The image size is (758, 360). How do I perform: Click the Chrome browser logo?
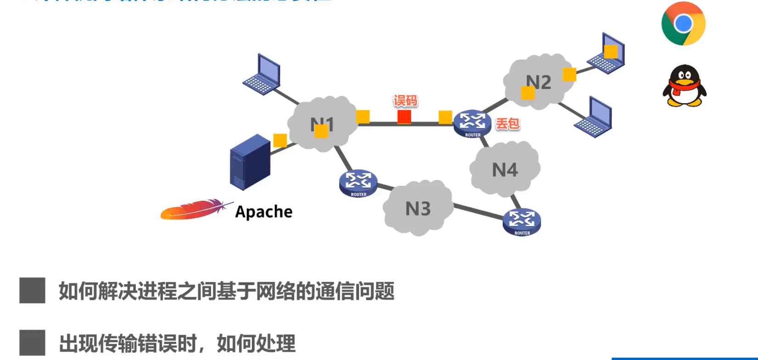click(683, 23)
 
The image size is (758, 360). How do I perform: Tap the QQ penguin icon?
click(684, 86)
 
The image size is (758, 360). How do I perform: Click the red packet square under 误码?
click(404, 117)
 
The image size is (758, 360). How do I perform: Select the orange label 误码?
click(405, 101)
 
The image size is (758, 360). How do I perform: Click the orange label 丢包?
click(507, 123)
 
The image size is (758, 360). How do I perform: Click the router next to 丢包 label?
click(472, 123)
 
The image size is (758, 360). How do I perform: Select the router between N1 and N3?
click(358, 183)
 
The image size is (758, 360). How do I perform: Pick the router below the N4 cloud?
click(522, 222)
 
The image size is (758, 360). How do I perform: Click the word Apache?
click(264, 212)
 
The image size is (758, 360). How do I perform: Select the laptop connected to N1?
click(262, 74)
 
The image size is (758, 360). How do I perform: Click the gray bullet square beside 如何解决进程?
click(32, 290)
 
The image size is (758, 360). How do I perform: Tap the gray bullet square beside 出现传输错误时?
click(32, 343)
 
